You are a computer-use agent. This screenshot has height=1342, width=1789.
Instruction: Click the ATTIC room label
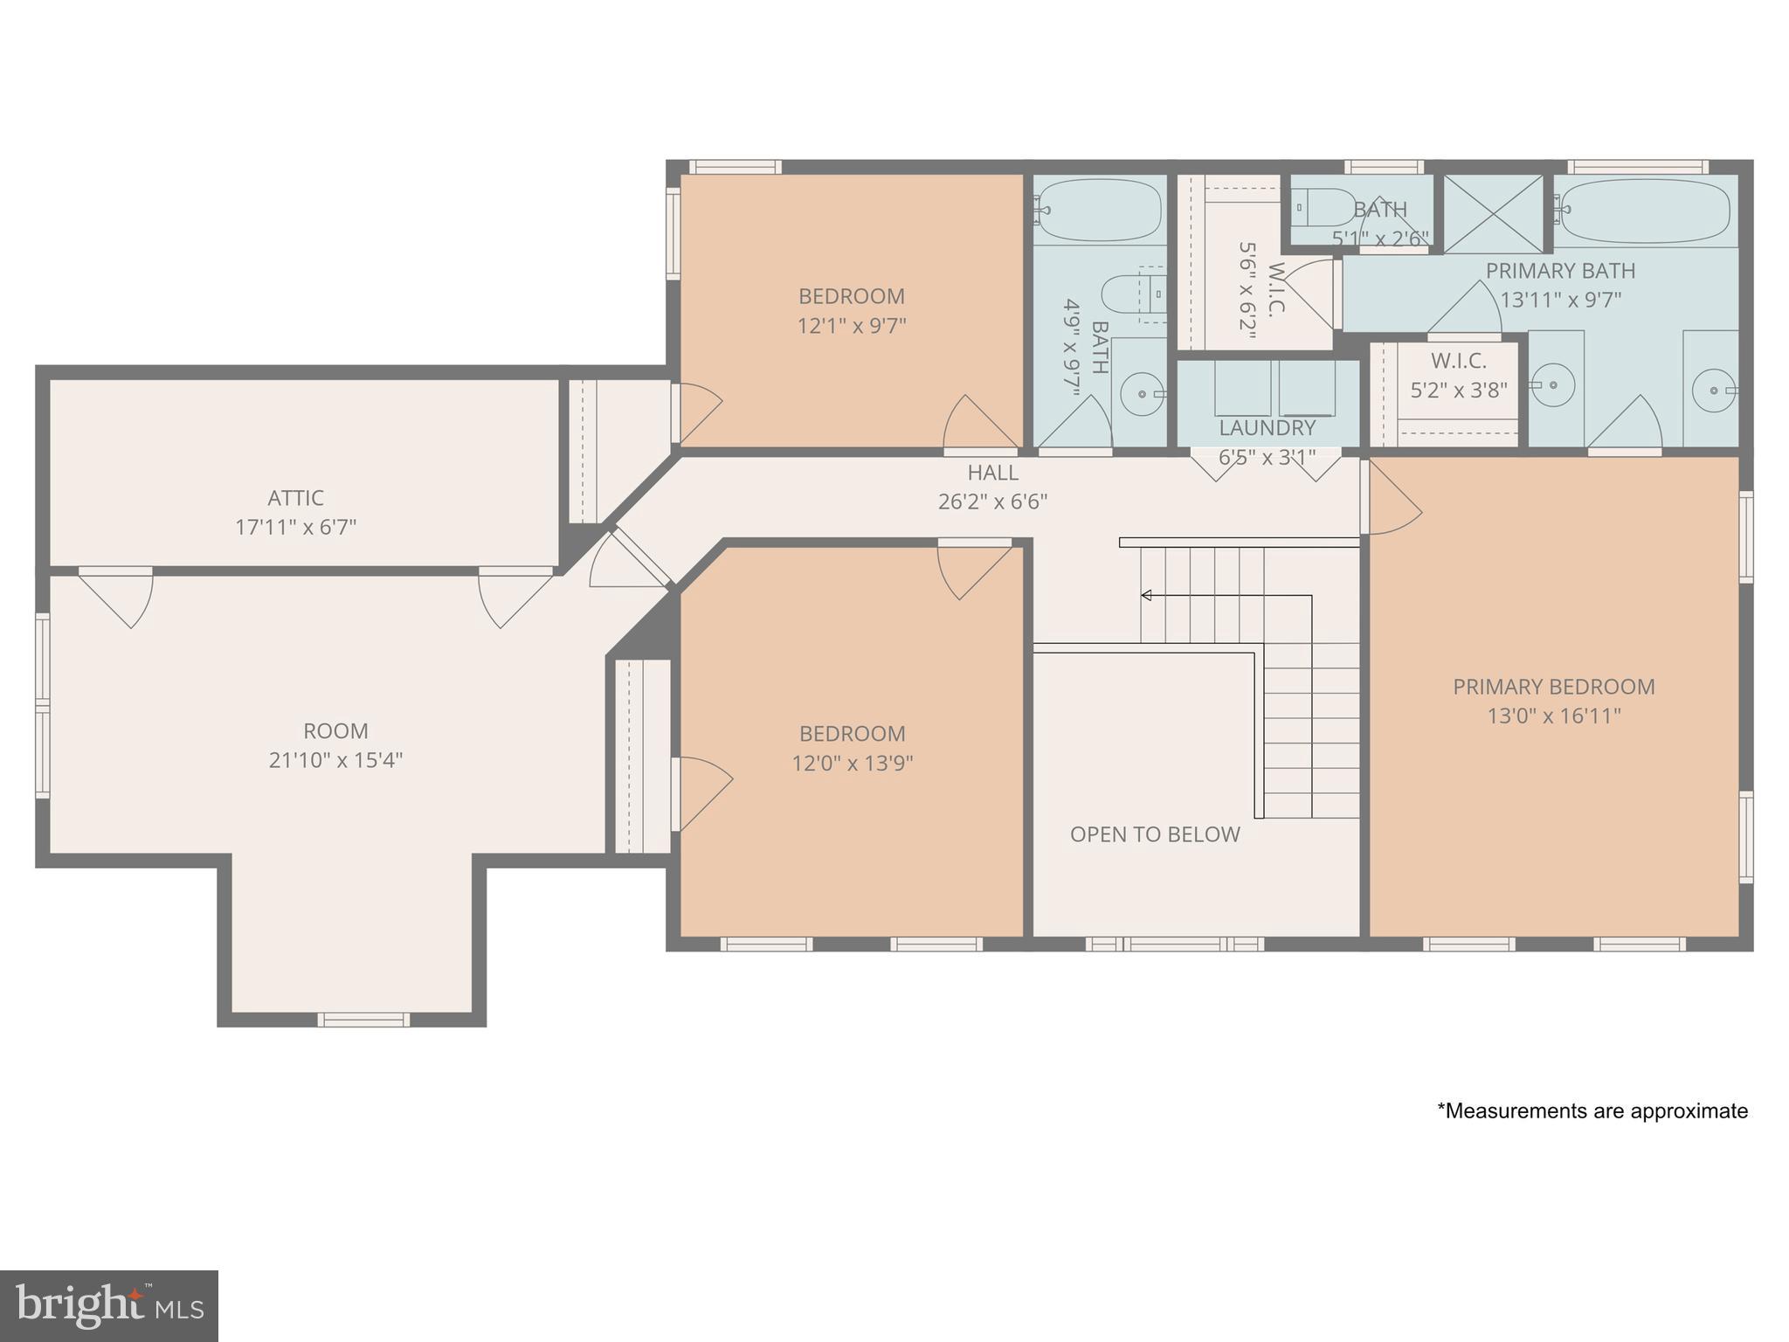pyautogui.click(x=295, y=498)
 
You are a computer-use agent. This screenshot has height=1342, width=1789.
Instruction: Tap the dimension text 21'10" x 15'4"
pyautogui.click(x=335, y=760)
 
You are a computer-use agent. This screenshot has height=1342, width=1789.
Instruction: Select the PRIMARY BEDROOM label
pyautogui.click(x=1553, y=687)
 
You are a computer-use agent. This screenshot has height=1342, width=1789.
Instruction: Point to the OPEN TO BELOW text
pyautogui.click(x=1155, y=834)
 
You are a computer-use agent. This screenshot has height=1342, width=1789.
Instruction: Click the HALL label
pyautogui.click(x=992, y=473)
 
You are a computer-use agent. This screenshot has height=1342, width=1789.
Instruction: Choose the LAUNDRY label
pyautogui.click(x=1267, y=428)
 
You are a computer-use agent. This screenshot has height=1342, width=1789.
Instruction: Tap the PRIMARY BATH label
pyautogui.click(x=1560, y=271)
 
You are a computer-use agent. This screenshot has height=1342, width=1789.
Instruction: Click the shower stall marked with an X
pyautogui.click(x=1492, y=214)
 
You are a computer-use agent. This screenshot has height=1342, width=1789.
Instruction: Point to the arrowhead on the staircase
pyautogui.click(x=1146, y=596)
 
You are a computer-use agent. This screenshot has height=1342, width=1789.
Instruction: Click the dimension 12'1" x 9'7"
pyautogui.click(x=851, y=326)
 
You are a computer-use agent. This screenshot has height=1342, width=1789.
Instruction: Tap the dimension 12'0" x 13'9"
pyautogui.click(x=852, y=764)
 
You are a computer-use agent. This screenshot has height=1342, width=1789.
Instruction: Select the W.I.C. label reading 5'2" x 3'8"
pyautogui.click(x=1458, y=376)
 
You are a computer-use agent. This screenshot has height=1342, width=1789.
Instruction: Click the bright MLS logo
pyautogui.click(x=108, y=1305)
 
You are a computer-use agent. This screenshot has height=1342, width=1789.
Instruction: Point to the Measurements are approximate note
pyautogui.click(x=1592, y=1111)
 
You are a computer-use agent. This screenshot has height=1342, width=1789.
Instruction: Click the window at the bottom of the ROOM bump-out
pyautogui.click(x=363, y=1019)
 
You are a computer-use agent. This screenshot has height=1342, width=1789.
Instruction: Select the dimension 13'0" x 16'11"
pyautogui.click(x=1553, y=716)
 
